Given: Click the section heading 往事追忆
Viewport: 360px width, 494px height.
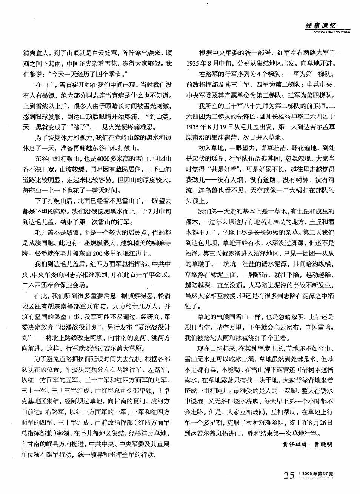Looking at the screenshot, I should (321, 26).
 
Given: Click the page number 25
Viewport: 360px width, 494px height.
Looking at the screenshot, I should (289, 476).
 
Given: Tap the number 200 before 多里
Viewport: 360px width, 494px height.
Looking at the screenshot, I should (98, 253).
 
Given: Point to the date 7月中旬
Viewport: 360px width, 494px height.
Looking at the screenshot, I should (162, 211).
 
